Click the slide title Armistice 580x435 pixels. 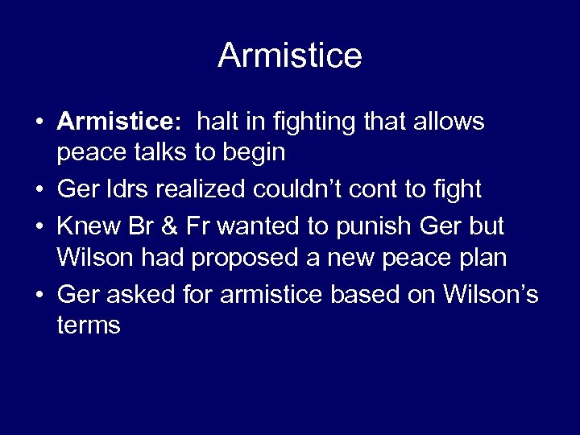[290, 56]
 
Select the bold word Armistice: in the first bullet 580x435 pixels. [120, 122]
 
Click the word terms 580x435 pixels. [89, 325]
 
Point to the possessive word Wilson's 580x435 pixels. [490, 295]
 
